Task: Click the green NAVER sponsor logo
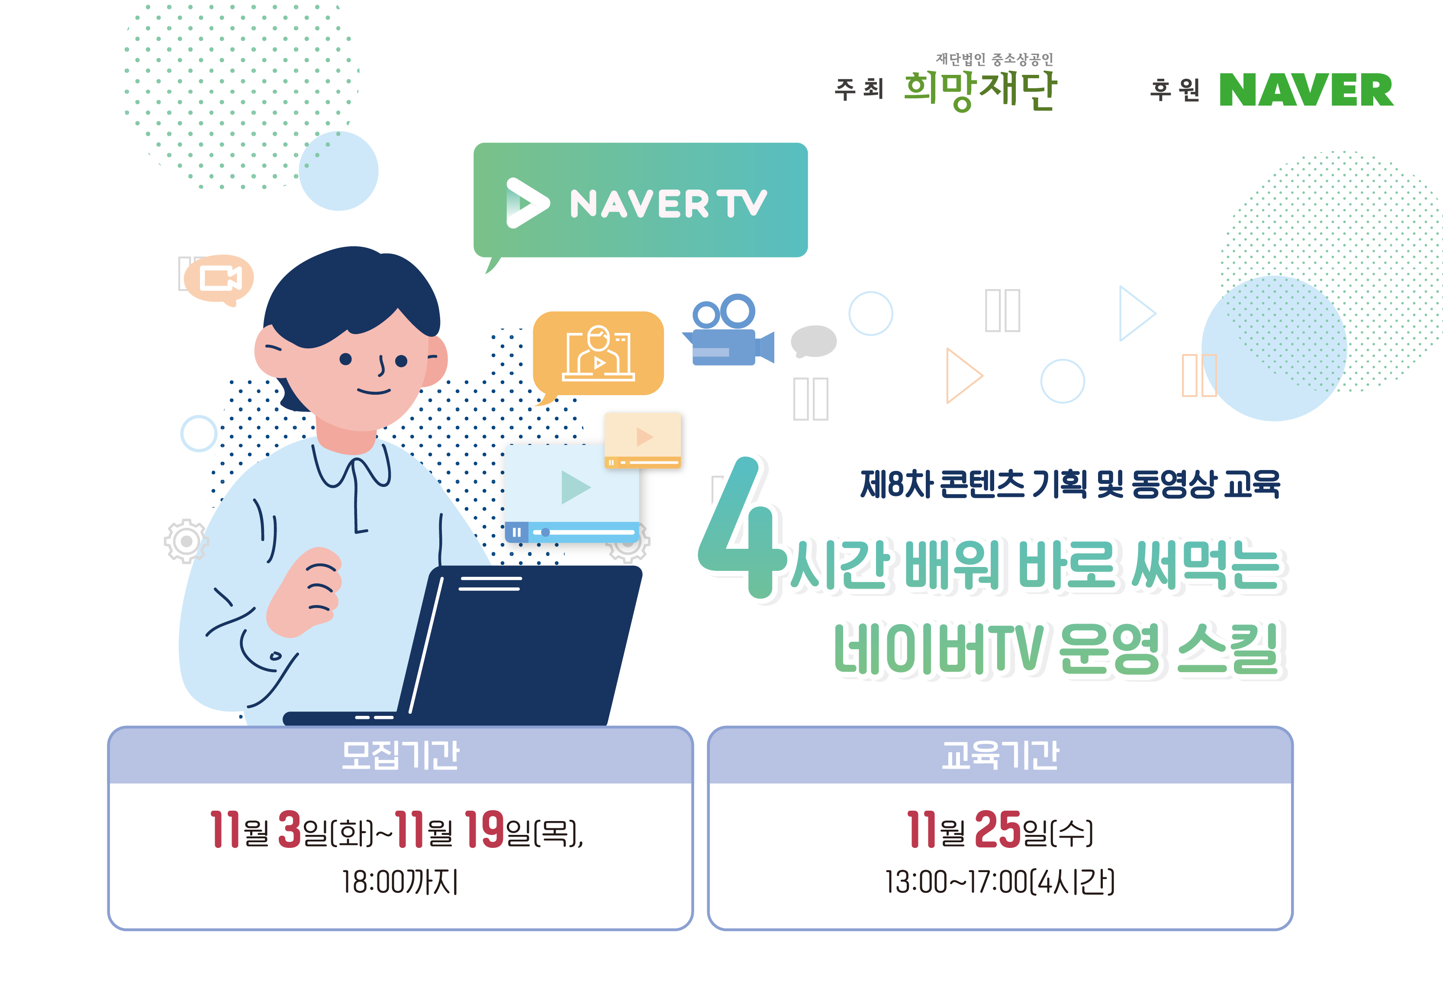1306,90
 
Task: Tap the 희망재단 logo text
980,90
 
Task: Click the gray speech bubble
814,341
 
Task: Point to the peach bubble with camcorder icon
219,280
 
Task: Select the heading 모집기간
400,756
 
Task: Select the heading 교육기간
1000,756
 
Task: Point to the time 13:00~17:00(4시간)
1000,881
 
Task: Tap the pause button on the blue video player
516,532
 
